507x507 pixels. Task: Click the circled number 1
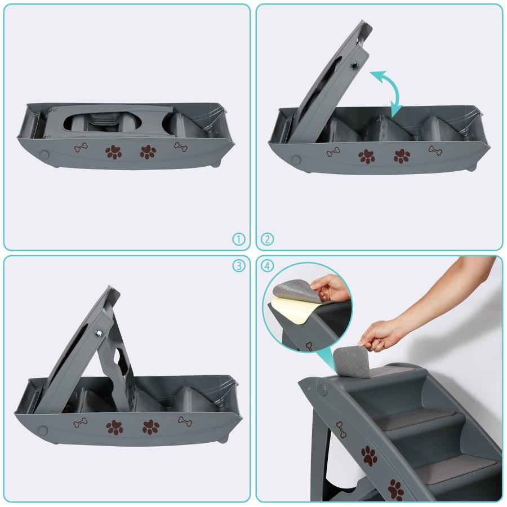pos(239,239)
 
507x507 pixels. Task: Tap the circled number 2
pos(267,239)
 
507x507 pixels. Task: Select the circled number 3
pos(239,266)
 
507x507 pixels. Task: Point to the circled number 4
pos(267,266)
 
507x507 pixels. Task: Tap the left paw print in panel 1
pos(113,152)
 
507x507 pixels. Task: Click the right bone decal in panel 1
pos(181,147)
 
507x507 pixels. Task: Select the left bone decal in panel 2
pos(333,152)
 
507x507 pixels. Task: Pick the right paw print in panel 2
pos(402,156)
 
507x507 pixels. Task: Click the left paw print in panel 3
pos(114,428)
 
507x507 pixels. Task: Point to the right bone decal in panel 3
pos(185,421)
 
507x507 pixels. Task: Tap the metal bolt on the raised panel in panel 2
pos(355,66)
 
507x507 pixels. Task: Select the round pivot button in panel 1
pos(45,155)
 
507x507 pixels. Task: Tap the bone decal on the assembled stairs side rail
pos(341,430)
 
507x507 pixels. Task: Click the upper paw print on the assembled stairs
pos(370,456)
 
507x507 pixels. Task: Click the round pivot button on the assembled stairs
pos(322,390)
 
